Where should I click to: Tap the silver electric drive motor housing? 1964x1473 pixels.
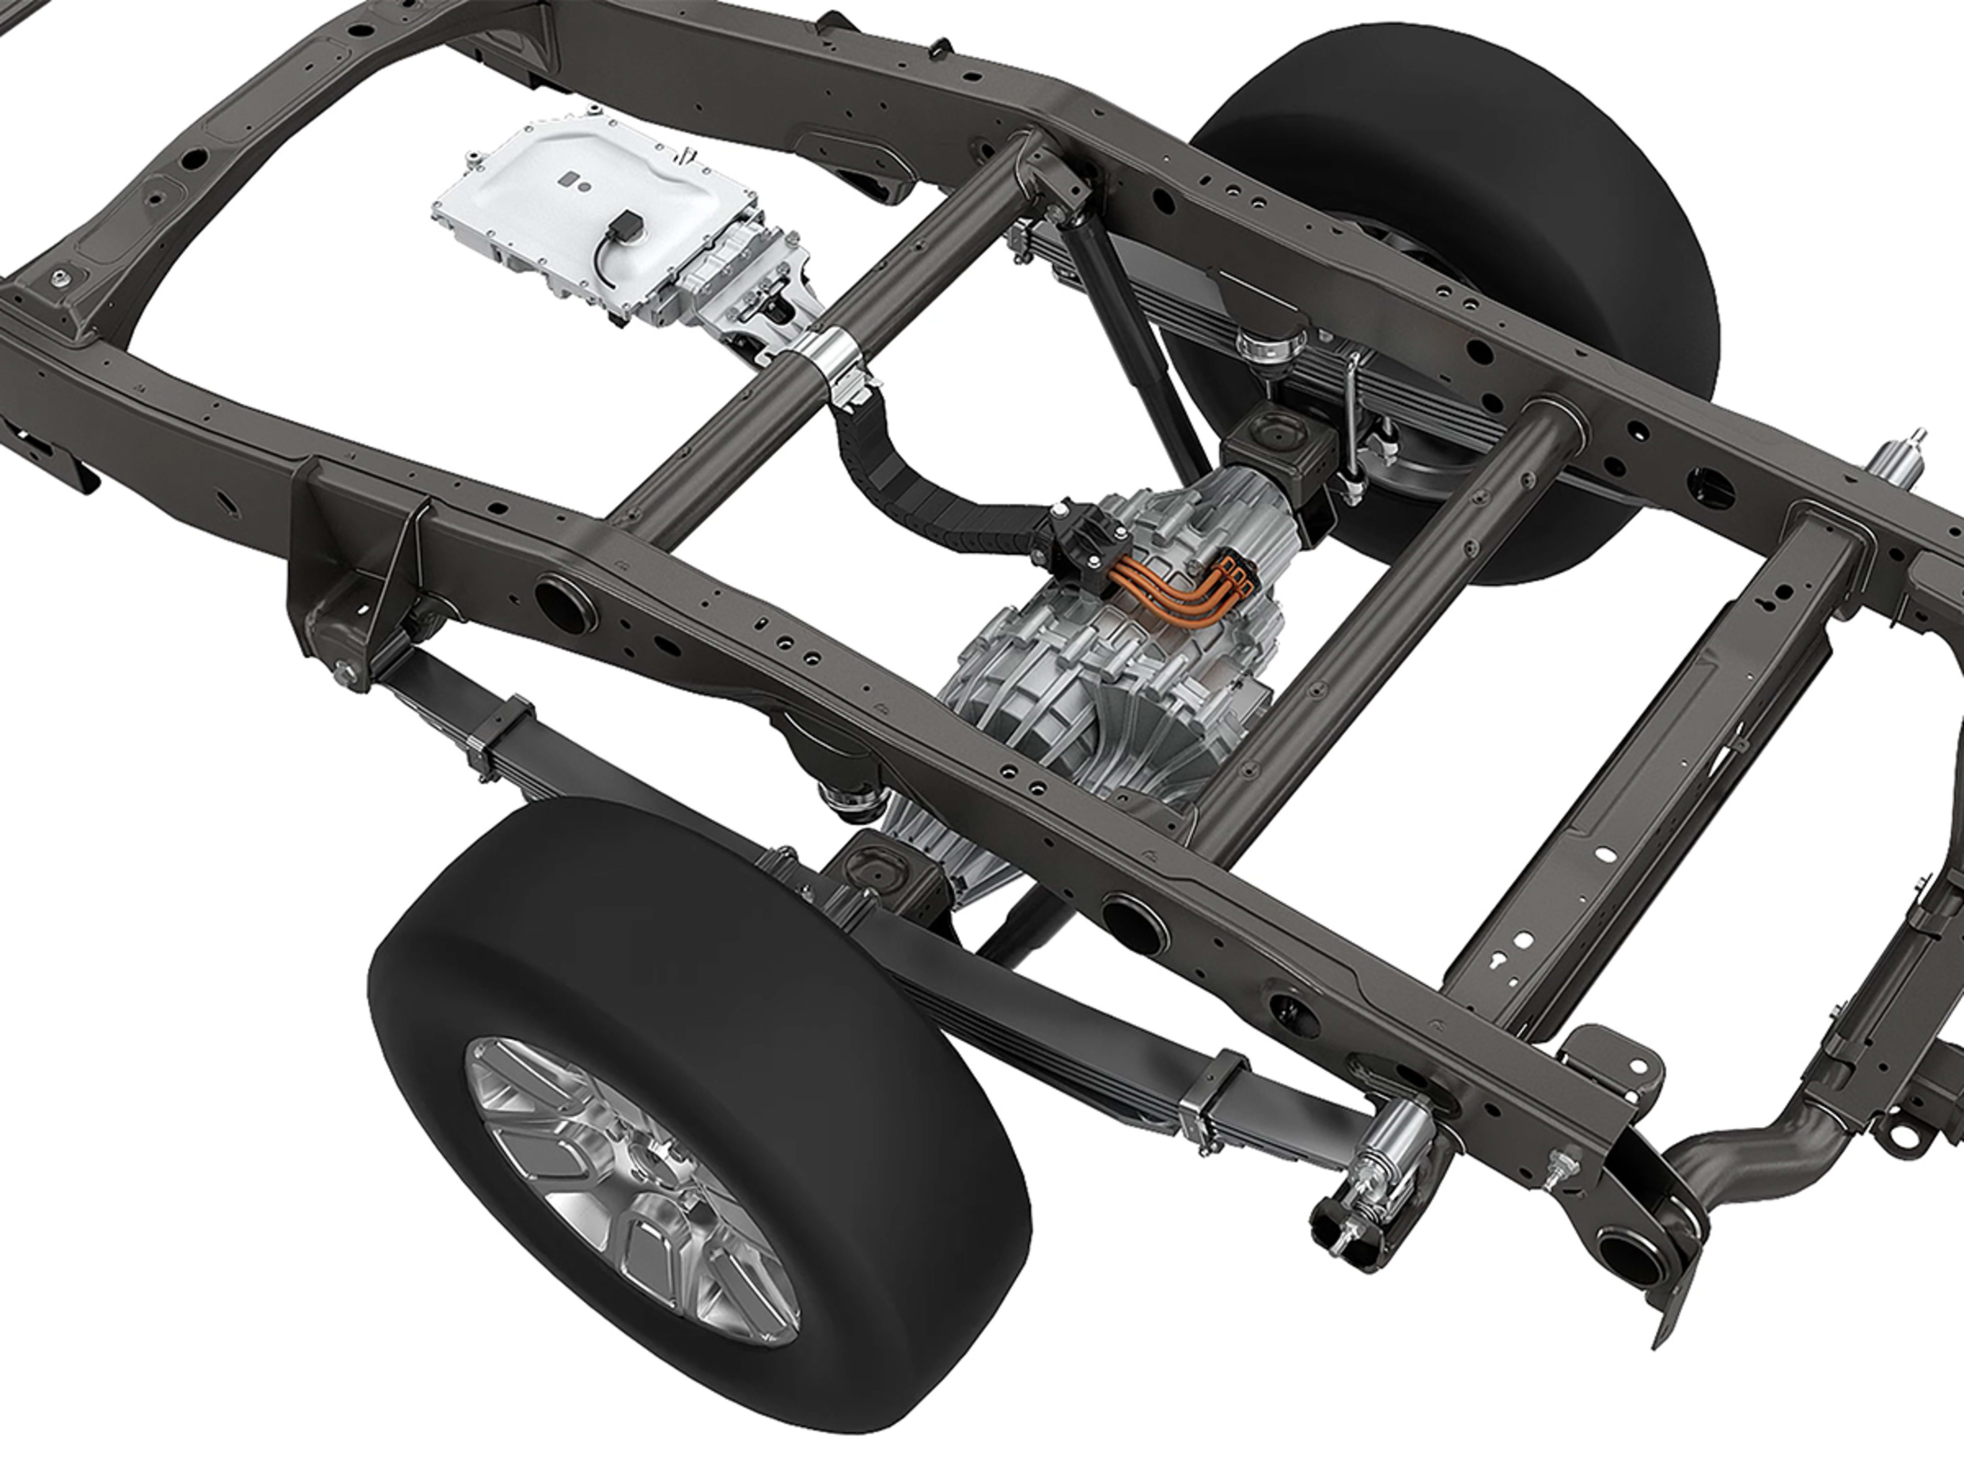coord(1110,675)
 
